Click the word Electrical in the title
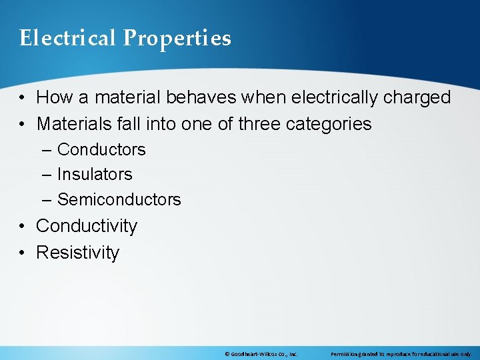click(67, 38)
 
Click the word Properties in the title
click(177, 39)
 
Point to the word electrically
click(328, 97)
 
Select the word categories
click(330, 124)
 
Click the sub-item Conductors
click(101, 149)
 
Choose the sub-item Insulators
click(95, 174)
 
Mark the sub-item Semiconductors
click(119, 199)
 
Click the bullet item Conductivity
click(86, 226)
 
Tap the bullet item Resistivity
click(77, 253)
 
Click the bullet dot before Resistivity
click(23, 253)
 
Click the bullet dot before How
click(23, 98)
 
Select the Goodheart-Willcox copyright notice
click(261, 354)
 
